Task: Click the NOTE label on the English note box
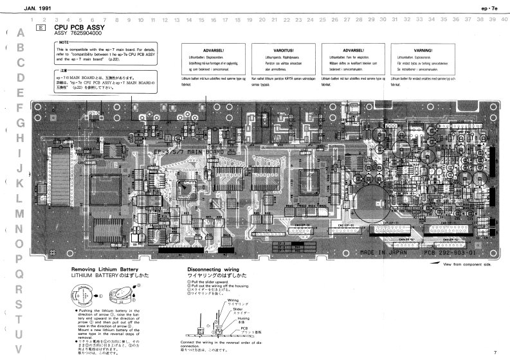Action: click(64, 42)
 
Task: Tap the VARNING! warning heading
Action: click(423, 50)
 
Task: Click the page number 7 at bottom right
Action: click(495, 352)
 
